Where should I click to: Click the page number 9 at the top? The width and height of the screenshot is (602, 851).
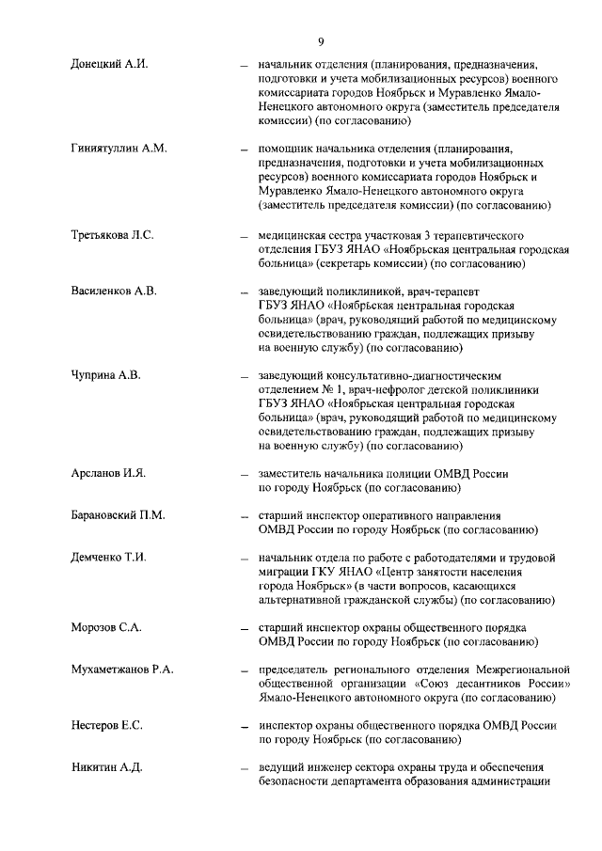point(321,40)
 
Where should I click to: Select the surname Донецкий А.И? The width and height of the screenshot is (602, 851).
point(109,65)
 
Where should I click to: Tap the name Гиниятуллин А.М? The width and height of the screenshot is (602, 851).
point(119,149)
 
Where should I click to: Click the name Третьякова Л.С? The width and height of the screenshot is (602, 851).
point(112,233)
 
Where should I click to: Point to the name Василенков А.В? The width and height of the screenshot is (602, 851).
point(113,291)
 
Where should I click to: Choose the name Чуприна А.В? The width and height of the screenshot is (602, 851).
point(105,375)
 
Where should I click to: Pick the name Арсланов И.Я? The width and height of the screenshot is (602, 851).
point(108,472)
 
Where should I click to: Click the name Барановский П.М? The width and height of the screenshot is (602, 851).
point(118,515)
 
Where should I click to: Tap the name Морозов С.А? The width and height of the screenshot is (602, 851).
point(105,626)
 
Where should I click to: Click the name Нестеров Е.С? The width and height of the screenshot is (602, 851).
point(106,726)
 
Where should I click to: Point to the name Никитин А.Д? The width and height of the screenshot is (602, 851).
point(106,768)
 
